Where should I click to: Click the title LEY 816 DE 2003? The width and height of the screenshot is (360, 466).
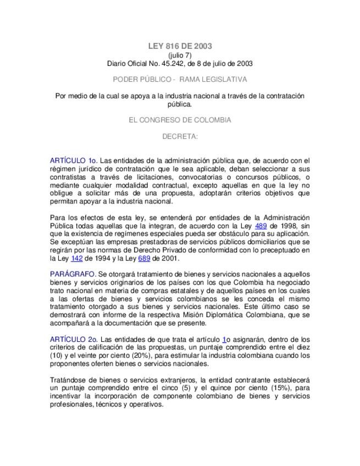(x=180, y=46)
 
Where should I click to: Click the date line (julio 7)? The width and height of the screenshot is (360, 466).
(x=180, y=56)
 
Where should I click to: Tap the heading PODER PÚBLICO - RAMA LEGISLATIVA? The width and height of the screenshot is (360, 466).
(x=180, y=79)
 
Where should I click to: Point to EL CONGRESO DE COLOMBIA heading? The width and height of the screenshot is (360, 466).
(x=180, y=120)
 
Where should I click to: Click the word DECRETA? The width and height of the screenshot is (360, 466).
(x=180, y=136)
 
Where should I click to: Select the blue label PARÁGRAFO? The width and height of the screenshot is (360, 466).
(x=73, y=274)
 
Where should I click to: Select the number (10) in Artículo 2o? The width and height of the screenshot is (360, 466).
(x=57, y=356)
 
